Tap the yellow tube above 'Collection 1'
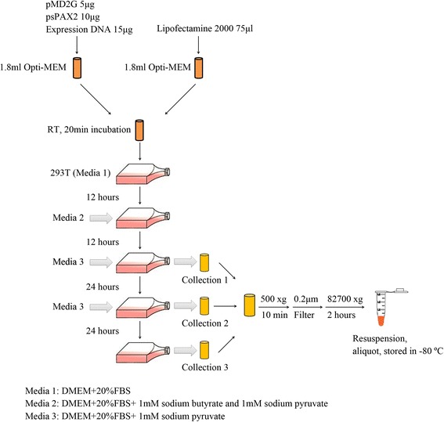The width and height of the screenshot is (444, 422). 204,261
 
